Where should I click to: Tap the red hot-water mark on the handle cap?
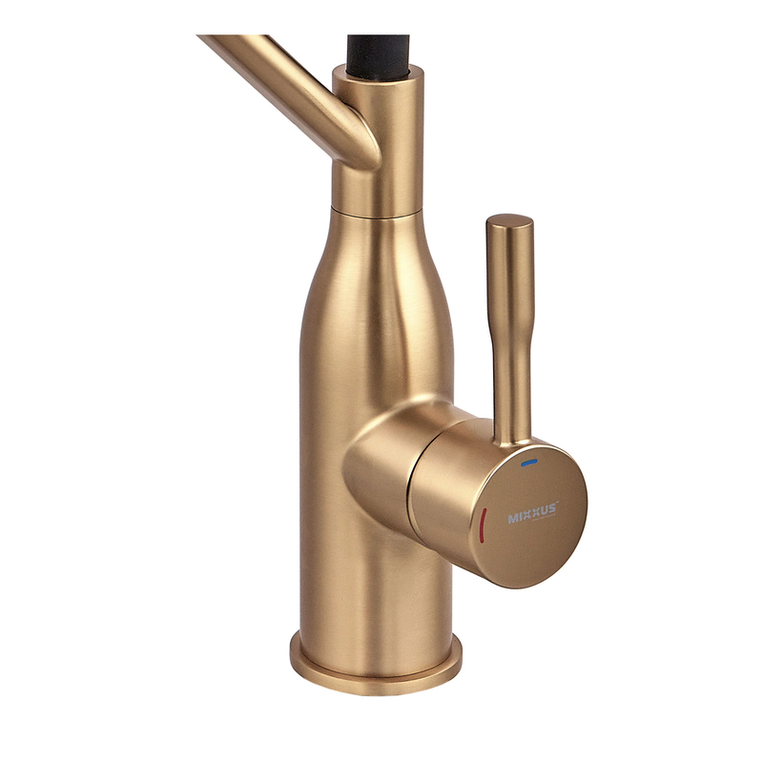483,526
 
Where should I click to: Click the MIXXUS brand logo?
533,513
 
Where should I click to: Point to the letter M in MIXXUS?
513,519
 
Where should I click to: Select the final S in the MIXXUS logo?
551,509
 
